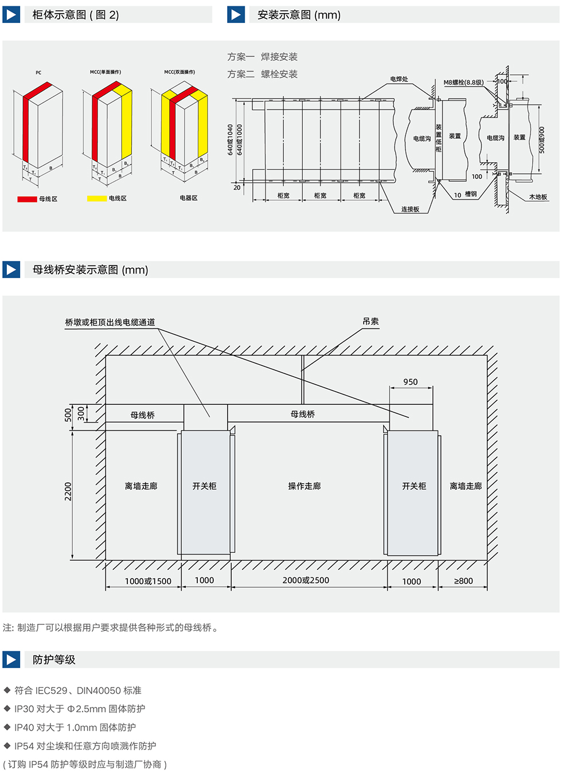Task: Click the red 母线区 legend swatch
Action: [27, 199]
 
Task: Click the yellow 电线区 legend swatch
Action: [97, 198]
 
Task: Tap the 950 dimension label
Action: [411, 382]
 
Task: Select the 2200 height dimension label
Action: [68, 491]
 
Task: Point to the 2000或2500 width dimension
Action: [306, 580]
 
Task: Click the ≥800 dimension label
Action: [463, 581]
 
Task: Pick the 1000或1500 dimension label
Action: [148, 581]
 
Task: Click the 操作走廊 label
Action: [305, 486]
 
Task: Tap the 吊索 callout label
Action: [370, 322]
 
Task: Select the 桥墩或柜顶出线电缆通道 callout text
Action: [110, 322]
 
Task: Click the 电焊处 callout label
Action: [399, 79]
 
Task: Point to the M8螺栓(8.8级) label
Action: [463, 83]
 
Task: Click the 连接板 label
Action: [410, 209]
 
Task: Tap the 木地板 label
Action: [538, 197]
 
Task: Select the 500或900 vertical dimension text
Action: [542, 140]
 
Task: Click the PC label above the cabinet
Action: [38, 73]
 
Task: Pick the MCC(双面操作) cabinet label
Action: [179, 72]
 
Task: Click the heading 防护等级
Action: [54, 660]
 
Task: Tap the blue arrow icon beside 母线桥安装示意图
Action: [11, 270]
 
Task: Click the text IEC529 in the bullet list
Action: [51, 690]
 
